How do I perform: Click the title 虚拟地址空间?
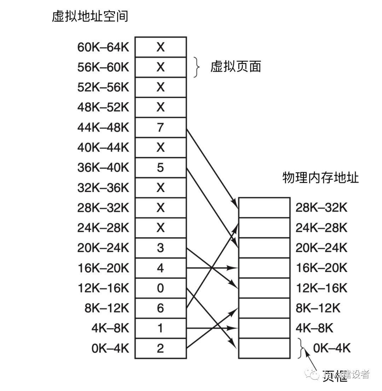click(90, 16)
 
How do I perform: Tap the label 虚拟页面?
click(236, 67)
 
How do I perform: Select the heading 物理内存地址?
click(320, 177)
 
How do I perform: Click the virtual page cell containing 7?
click(161, 127)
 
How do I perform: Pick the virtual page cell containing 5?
click(161, 168)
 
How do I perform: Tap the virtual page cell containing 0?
click(161, 288)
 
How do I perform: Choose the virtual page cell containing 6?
click(161, 308)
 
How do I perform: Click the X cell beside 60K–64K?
click(161, 47)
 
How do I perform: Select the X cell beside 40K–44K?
click(161, 147)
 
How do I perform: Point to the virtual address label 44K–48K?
click(103, 127)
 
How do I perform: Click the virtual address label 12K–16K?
click(103, 288)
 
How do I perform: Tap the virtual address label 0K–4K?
click(110, 348)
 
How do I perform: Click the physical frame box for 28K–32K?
click(264, 208)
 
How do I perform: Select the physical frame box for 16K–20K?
click(264, 268)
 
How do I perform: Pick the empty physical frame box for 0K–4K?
click(264, 348)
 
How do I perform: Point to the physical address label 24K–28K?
click(322, 228)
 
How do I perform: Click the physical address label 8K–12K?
click(318, 308)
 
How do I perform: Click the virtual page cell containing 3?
click(161, 248)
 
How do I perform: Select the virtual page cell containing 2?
click(161, 348)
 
